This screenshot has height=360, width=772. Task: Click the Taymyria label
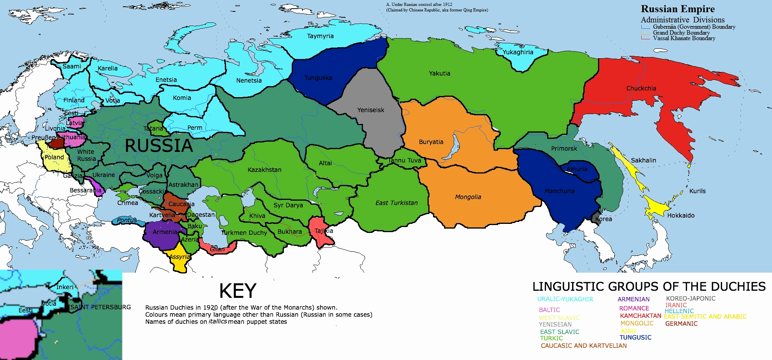click(x=320, y=36)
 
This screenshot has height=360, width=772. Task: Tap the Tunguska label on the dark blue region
click(x=318, y=78)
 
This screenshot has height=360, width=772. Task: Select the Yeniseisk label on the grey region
click(x=370, y=110)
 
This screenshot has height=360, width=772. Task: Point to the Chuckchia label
click(x=641, y=89)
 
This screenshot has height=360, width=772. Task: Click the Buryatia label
click(x=431, y=142)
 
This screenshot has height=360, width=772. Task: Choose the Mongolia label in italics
click(x=468, y=197)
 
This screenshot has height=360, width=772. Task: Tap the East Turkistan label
click(x=396, y=203)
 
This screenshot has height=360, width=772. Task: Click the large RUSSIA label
click(x=159, y=146)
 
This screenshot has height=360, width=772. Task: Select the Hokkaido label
click(x=681, y=216)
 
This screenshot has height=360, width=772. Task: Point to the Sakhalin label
click(x=643, y=161)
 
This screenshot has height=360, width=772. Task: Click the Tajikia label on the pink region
click(x=324, y=231)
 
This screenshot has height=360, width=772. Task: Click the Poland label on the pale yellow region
click(x=54, y=157)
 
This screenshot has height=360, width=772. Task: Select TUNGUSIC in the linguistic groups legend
click(x=635, y=338)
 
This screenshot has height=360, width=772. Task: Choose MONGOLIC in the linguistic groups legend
click(x=637, y=323)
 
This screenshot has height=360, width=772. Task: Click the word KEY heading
click(x=237, y=292)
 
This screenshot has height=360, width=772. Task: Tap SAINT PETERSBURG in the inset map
click(x=100, y=307)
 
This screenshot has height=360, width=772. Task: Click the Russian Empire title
click(x=678, y=9)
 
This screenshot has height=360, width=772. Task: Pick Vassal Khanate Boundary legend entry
click(x=684, y=38)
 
